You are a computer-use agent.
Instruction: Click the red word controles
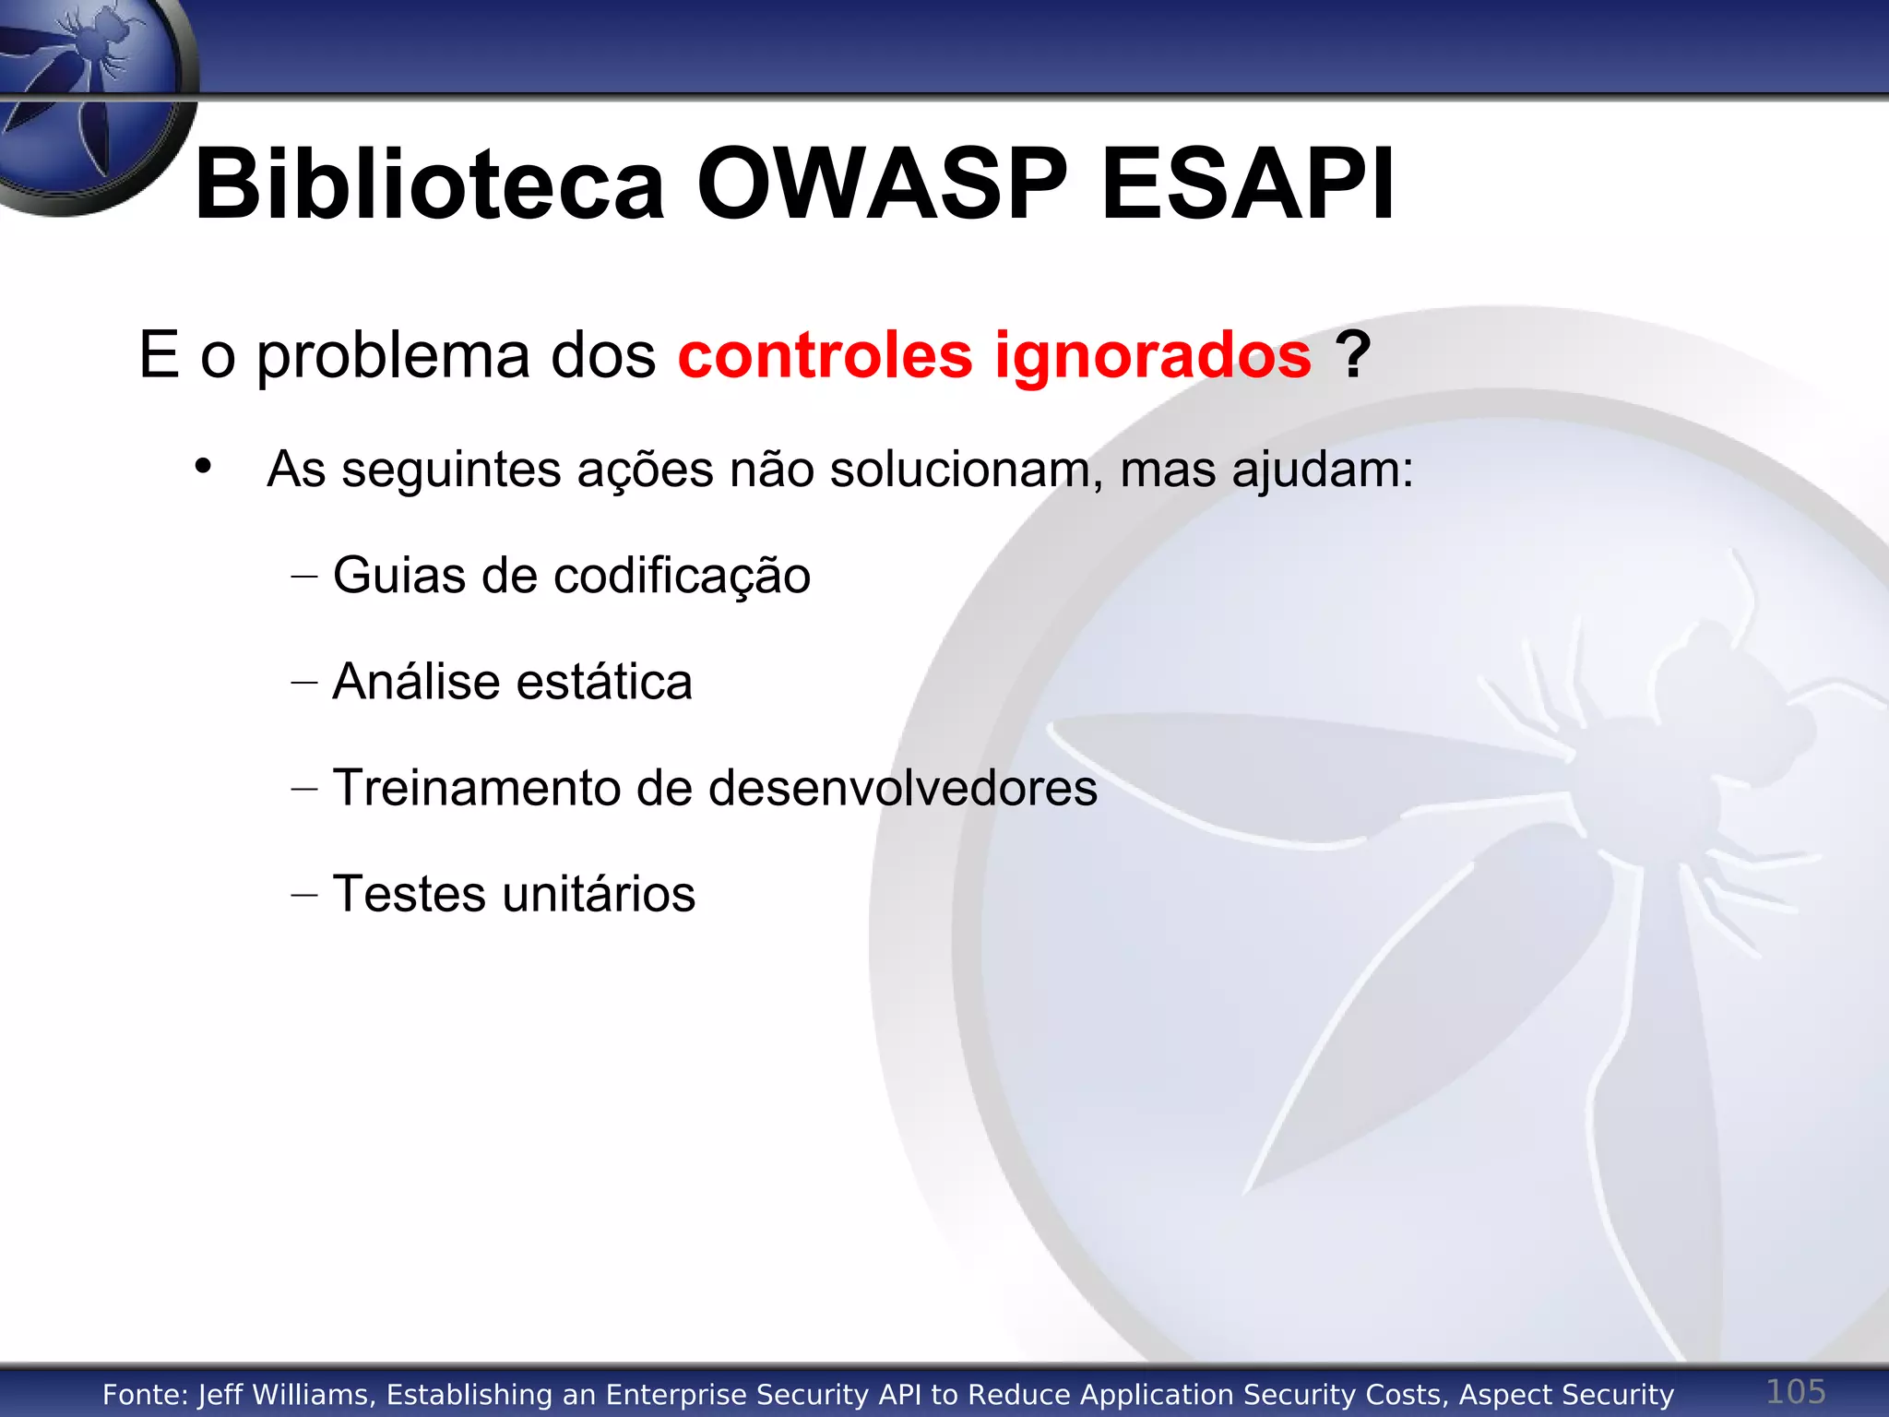pos(825,355)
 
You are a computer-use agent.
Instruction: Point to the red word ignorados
pos(1152,355)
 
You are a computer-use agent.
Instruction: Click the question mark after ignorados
pos(1352,355)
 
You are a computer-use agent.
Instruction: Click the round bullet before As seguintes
pos(203,466)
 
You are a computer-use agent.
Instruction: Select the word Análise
pos(416,682)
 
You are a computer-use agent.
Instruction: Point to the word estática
pos(604,682)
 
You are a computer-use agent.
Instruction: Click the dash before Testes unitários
pos(303,895)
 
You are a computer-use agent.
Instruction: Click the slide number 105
pos(1795,1391)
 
